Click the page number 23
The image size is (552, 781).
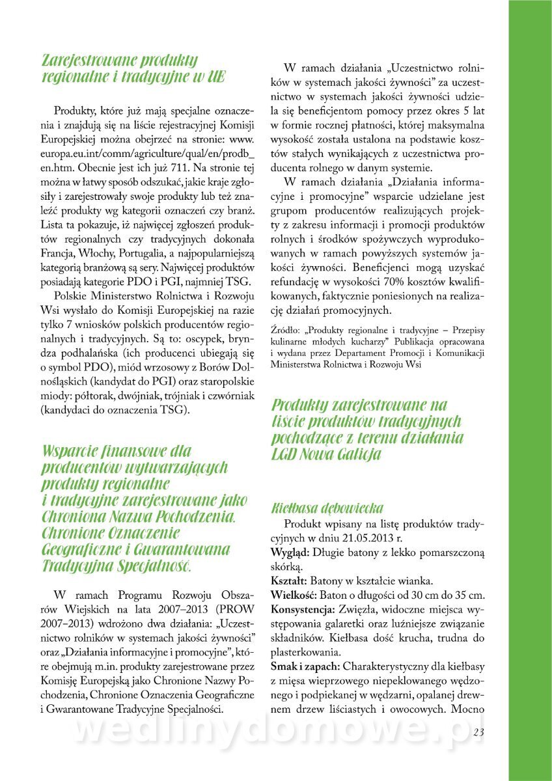[479, 732]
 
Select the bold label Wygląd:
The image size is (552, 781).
[290, 553]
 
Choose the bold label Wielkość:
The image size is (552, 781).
[293, 595]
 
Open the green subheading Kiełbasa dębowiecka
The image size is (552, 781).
[327, 508]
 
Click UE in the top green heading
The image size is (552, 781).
[217, 77]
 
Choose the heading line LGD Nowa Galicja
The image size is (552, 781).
[325, 454]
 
